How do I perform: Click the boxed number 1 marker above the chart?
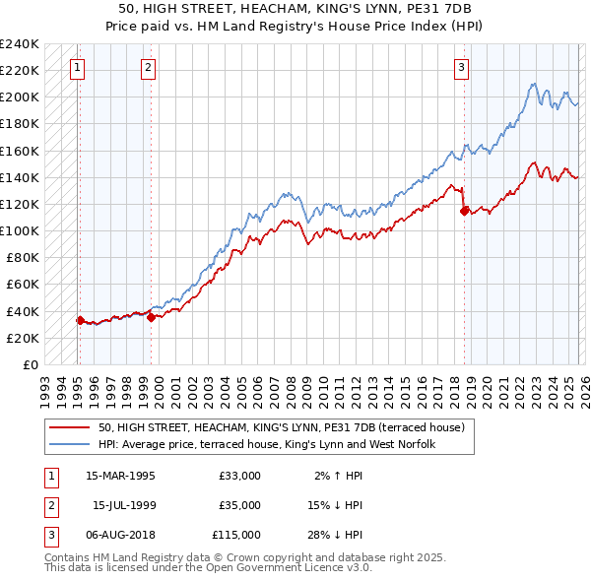tap(77, 68)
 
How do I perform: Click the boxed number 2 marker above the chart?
tap(147, 68)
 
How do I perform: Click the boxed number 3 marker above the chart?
tap(461, 68)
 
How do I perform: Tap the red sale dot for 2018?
tap(464, 210)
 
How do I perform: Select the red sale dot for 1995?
tap(80, 320)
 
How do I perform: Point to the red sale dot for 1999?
tap(151, 317)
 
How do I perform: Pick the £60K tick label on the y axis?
tap(22, 285)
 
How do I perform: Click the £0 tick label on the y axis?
tap(30, 364)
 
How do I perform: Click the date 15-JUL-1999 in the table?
tap(125, 505)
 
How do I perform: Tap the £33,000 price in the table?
tap(239, 476)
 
